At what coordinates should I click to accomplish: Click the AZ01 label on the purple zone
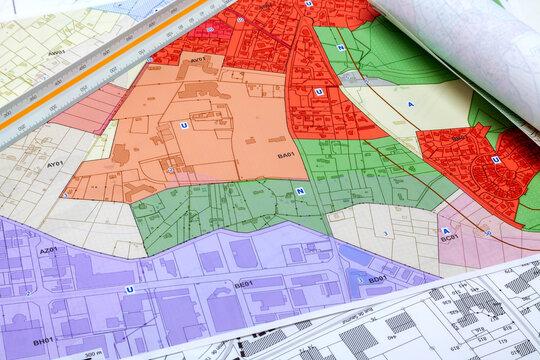[47, 250]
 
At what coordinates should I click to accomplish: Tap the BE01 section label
[243, 284]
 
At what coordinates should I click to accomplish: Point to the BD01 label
[377, 279]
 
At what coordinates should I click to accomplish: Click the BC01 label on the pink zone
[450, 238]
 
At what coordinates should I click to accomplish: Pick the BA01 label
[286, 155]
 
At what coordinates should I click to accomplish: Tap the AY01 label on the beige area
[55, 163]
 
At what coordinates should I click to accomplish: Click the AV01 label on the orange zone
[198, 60]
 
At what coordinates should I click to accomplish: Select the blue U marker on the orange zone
[184, 125]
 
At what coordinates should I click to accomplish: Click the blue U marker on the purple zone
[129, 289]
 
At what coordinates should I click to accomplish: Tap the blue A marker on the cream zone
[410, 103]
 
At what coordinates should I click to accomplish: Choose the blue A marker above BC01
[446, 230]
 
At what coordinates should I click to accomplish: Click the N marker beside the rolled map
[341, 47]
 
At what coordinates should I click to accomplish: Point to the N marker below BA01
[300, 190]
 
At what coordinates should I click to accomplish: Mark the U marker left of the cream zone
[319, 91]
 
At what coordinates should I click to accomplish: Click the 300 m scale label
[92, 354]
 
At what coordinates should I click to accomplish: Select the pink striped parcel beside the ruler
[90, 108]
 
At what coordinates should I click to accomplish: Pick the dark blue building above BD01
[357, 256]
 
